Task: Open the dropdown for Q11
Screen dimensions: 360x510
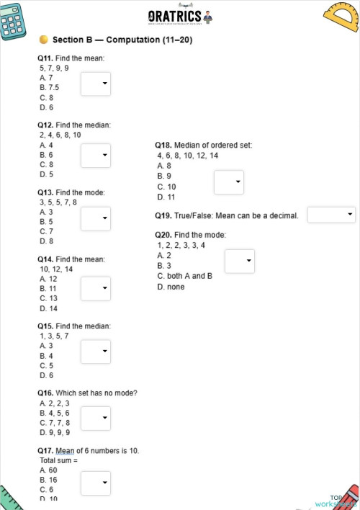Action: [x=95, y=84]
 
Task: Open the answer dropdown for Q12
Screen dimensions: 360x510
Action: [x=95, y=155]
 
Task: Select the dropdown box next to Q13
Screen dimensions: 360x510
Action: [x=95, y=218]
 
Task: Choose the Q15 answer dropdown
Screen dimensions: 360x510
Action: [x=95, y=352]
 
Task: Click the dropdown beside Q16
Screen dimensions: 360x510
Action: [x=95, y=418]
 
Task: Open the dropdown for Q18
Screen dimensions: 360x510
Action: [x=229, y=182]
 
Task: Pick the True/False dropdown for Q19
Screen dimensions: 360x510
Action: [x=331, y=215]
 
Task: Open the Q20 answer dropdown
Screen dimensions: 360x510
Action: [x=239, y=261]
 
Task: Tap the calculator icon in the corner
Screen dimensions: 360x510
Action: [x=14, y=19]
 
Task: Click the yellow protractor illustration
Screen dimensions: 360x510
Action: [x=341, y=19]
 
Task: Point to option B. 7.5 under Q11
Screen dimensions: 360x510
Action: [x=50, y=87]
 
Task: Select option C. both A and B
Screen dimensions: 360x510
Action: [x=185, y=276]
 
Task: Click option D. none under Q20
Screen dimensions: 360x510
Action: [x=171, y=287]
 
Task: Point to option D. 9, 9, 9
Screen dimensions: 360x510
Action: [x=55, y=433]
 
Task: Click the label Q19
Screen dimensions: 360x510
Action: [x=163, y=215]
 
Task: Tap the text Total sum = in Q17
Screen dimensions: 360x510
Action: [x=58, y=460]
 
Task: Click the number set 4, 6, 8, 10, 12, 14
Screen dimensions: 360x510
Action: [x=188, y=156]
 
